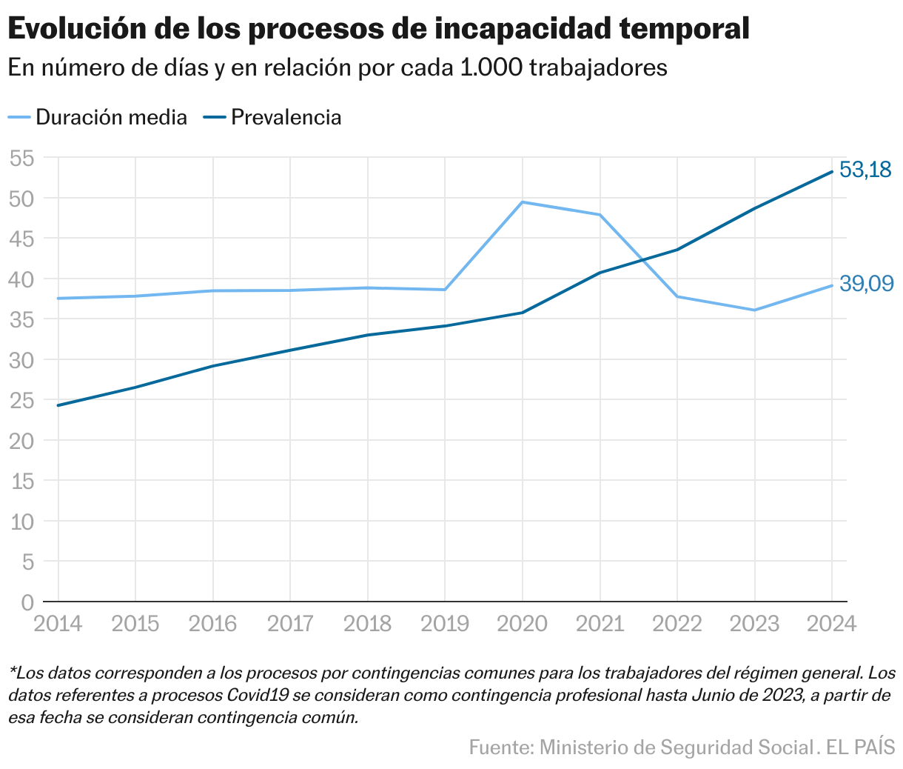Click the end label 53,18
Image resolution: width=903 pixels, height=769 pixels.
[865, 170]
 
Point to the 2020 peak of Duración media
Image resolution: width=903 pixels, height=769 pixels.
[523, 202]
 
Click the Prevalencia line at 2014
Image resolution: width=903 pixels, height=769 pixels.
[58, 405]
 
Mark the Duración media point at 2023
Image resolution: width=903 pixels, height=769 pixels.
[754, 310]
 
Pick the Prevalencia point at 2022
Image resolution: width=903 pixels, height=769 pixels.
[677, 250]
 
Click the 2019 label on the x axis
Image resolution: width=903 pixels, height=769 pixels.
[445, 624]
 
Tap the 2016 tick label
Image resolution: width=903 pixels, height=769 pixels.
[213, 624]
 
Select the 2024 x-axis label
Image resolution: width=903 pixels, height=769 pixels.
[831, 624]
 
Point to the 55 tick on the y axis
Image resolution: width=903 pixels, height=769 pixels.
[23, 158]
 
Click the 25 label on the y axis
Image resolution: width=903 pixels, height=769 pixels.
[23, 400]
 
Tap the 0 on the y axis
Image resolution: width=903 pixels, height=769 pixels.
[28, 602]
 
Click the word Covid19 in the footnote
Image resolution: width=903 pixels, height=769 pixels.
[259, 696]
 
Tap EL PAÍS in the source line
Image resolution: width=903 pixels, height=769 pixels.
[860, 747]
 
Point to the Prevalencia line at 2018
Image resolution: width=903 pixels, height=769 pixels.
[368, 335]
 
